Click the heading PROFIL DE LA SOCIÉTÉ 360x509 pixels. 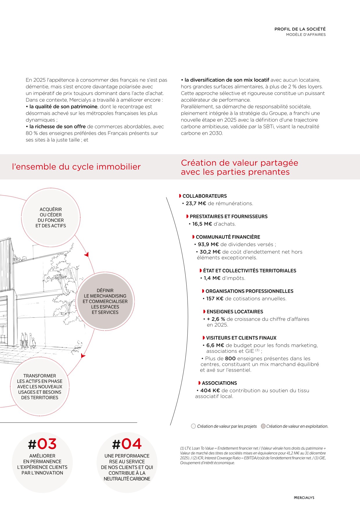pyautogui.click(x=300, y=29)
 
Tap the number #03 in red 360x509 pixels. pyautogui.click(x=42, y=444)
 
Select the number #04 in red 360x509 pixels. pyautogui.click(x=127, y=444)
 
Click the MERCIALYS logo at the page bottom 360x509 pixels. pyautogui.click(x=304, y=498)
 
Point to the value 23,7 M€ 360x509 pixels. pyautogui.click(x=196, y=204)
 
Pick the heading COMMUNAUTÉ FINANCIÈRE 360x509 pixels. pyautogui.click(x=228, y=237)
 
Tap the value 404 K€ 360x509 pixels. pyautogui.click(x=210, y=391)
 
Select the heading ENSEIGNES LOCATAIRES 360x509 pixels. pyautogui.click(x=235, y=312)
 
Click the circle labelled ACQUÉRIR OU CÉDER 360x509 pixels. pyautogui.click(x=51, y=217)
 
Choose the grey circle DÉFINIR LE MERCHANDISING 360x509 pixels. pyautogui.click(x=105, y=301)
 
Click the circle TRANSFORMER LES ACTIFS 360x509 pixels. pyautogui.click(x=40, y=386)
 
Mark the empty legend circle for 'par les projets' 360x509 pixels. pyautogui.click(x=193, y=426)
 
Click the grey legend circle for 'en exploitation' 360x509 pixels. pyautogui.click(x=263, y=426)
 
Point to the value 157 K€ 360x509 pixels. pyautogui.click(x=215, y=298)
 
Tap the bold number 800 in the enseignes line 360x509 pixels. pyautogui.click(x=230, y=359)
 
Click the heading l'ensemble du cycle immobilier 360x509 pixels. pyautogui.click(x=76, y=167)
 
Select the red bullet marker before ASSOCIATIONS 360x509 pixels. pyautogui.click(x=199, y=383)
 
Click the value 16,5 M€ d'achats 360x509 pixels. pyautogui.click(x=202, y=224)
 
